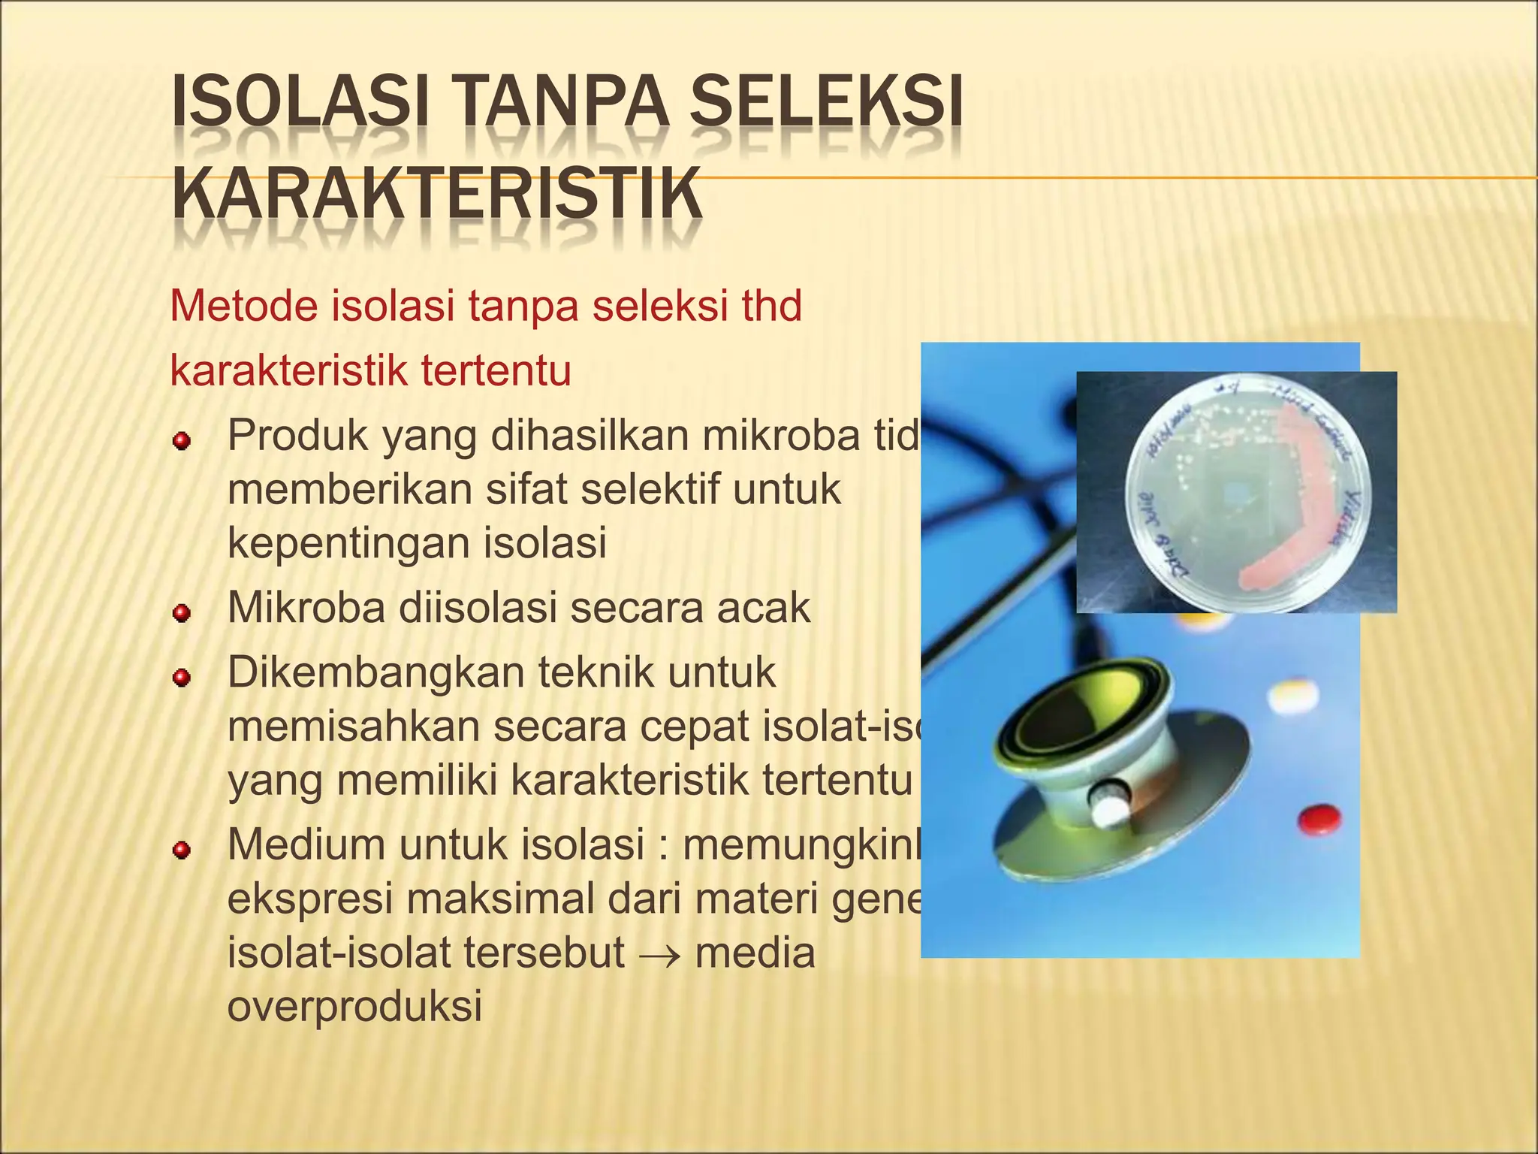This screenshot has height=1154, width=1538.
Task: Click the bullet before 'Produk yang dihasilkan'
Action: (x=181, y=441)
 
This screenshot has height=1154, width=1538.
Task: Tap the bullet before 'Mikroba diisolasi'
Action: (x=181, y=614)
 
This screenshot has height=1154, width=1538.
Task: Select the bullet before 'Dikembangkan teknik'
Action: (x=181, y=678)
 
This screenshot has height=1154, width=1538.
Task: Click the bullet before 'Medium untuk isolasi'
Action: (x=181, y=850)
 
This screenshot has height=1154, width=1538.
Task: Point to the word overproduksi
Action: (x=354, y=1006)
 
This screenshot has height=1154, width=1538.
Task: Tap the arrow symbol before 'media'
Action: (x=659, y=955)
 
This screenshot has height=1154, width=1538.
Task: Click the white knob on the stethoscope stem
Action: (x=1111, y=805)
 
